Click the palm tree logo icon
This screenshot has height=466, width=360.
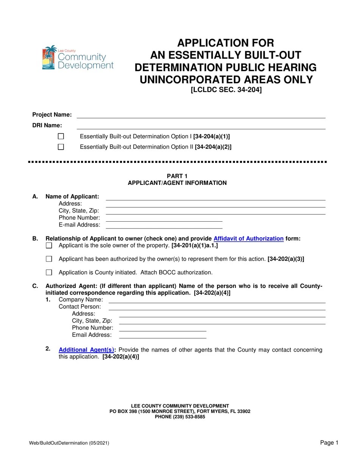[49, 58]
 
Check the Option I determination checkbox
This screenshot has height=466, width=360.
[61, 136]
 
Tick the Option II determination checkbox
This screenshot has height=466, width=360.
[61, 147]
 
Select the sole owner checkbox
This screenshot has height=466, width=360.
[49, 246]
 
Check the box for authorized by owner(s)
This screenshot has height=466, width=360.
[49, 259]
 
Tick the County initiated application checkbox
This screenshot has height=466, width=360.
[49, 272]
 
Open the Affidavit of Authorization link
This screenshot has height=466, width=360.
[249, 239]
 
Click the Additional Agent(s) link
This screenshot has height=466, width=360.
[86, 350]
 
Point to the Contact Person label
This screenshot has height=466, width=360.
[80, 306]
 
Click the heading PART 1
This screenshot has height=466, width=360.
[177, 176]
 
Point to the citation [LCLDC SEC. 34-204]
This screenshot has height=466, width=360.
[226, 90]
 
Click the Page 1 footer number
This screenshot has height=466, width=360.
[329, 443]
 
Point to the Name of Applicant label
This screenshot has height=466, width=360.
[72, 196]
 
